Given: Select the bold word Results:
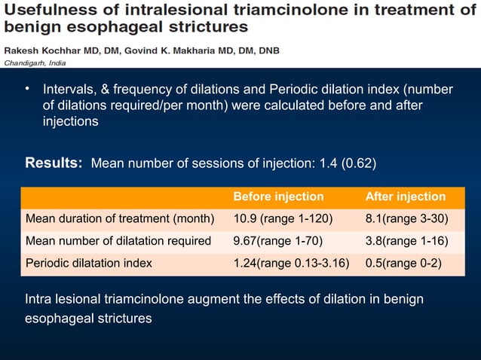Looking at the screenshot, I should (54, 163).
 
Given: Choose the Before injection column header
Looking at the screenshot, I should (278, 197).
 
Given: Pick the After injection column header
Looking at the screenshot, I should (405, 197).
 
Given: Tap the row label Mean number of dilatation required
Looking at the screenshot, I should (118, 241).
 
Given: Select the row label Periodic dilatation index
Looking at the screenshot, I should (89, 263).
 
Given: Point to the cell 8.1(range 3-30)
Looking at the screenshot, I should (407, 219).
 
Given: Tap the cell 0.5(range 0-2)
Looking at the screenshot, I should (403, 263).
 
